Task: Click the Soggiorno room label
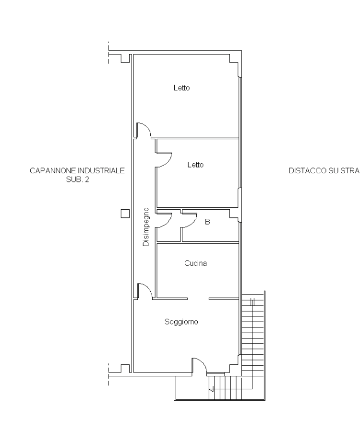coord(181,322)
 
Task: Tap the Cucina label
coord(195,263)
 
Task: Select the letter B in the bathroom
coord(207,222)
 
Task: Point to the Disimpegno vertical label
coord(146,227)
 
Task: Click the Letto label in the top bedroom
coord(181,88)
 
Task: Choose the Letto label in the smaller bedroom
coord(195,165)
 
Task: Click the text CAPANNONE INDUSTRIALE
coord(77,170)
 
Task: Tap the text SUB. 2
coord(78,179)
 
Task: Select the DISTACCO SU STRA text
coord(324,170)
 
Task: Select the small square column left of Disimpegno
coord(125,214)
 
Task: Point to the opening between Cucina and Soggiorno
coord(198,299)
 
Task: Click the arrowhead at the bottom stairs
coord(211,389)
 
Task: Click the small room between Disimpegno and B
coord(168,226)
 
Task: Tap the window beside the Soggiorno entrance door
coord(216,373)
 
